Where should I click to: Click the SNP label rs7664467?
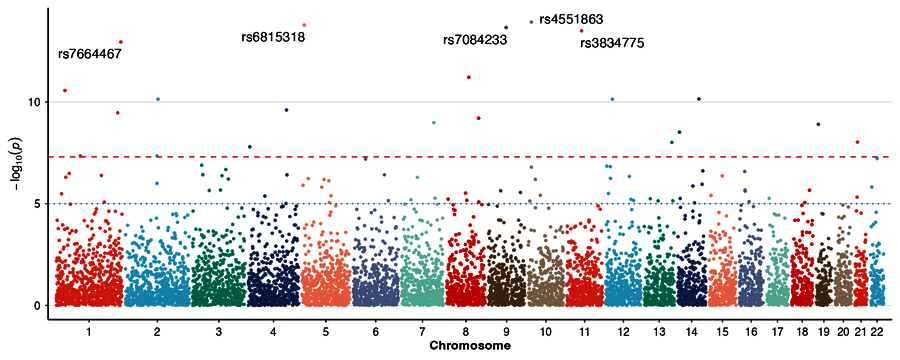(x=90, y=54)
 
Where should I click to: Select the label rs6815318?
(x=273, y=38)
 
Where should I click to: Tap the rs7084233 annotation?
(x=475, y=40)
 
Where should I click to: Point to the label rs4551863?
(x=571, y=20)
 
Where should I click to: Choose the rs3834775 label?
(x=612, y=43)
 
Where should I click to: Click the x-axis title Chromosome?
(x=471, y=346)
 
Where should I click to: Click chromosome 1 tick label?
(x=89, y=332)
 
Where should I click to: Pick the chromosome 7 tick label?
(x=422, y=332)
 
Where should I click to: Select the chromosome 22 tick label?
(x=876, y=332)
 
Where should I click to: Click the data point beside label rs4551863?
(x=532, y=22)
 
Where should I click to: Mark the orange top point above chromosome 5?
(x=304, y=25)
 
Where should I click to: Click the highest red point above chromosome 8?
(x=469, y=77)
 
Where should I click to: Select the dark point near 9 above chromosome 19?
(x=818, y=124)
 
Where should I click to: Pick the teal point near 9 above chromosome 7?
(x=434, y=122)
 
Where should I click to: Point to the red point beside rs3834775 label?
(x=581, y=31)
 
